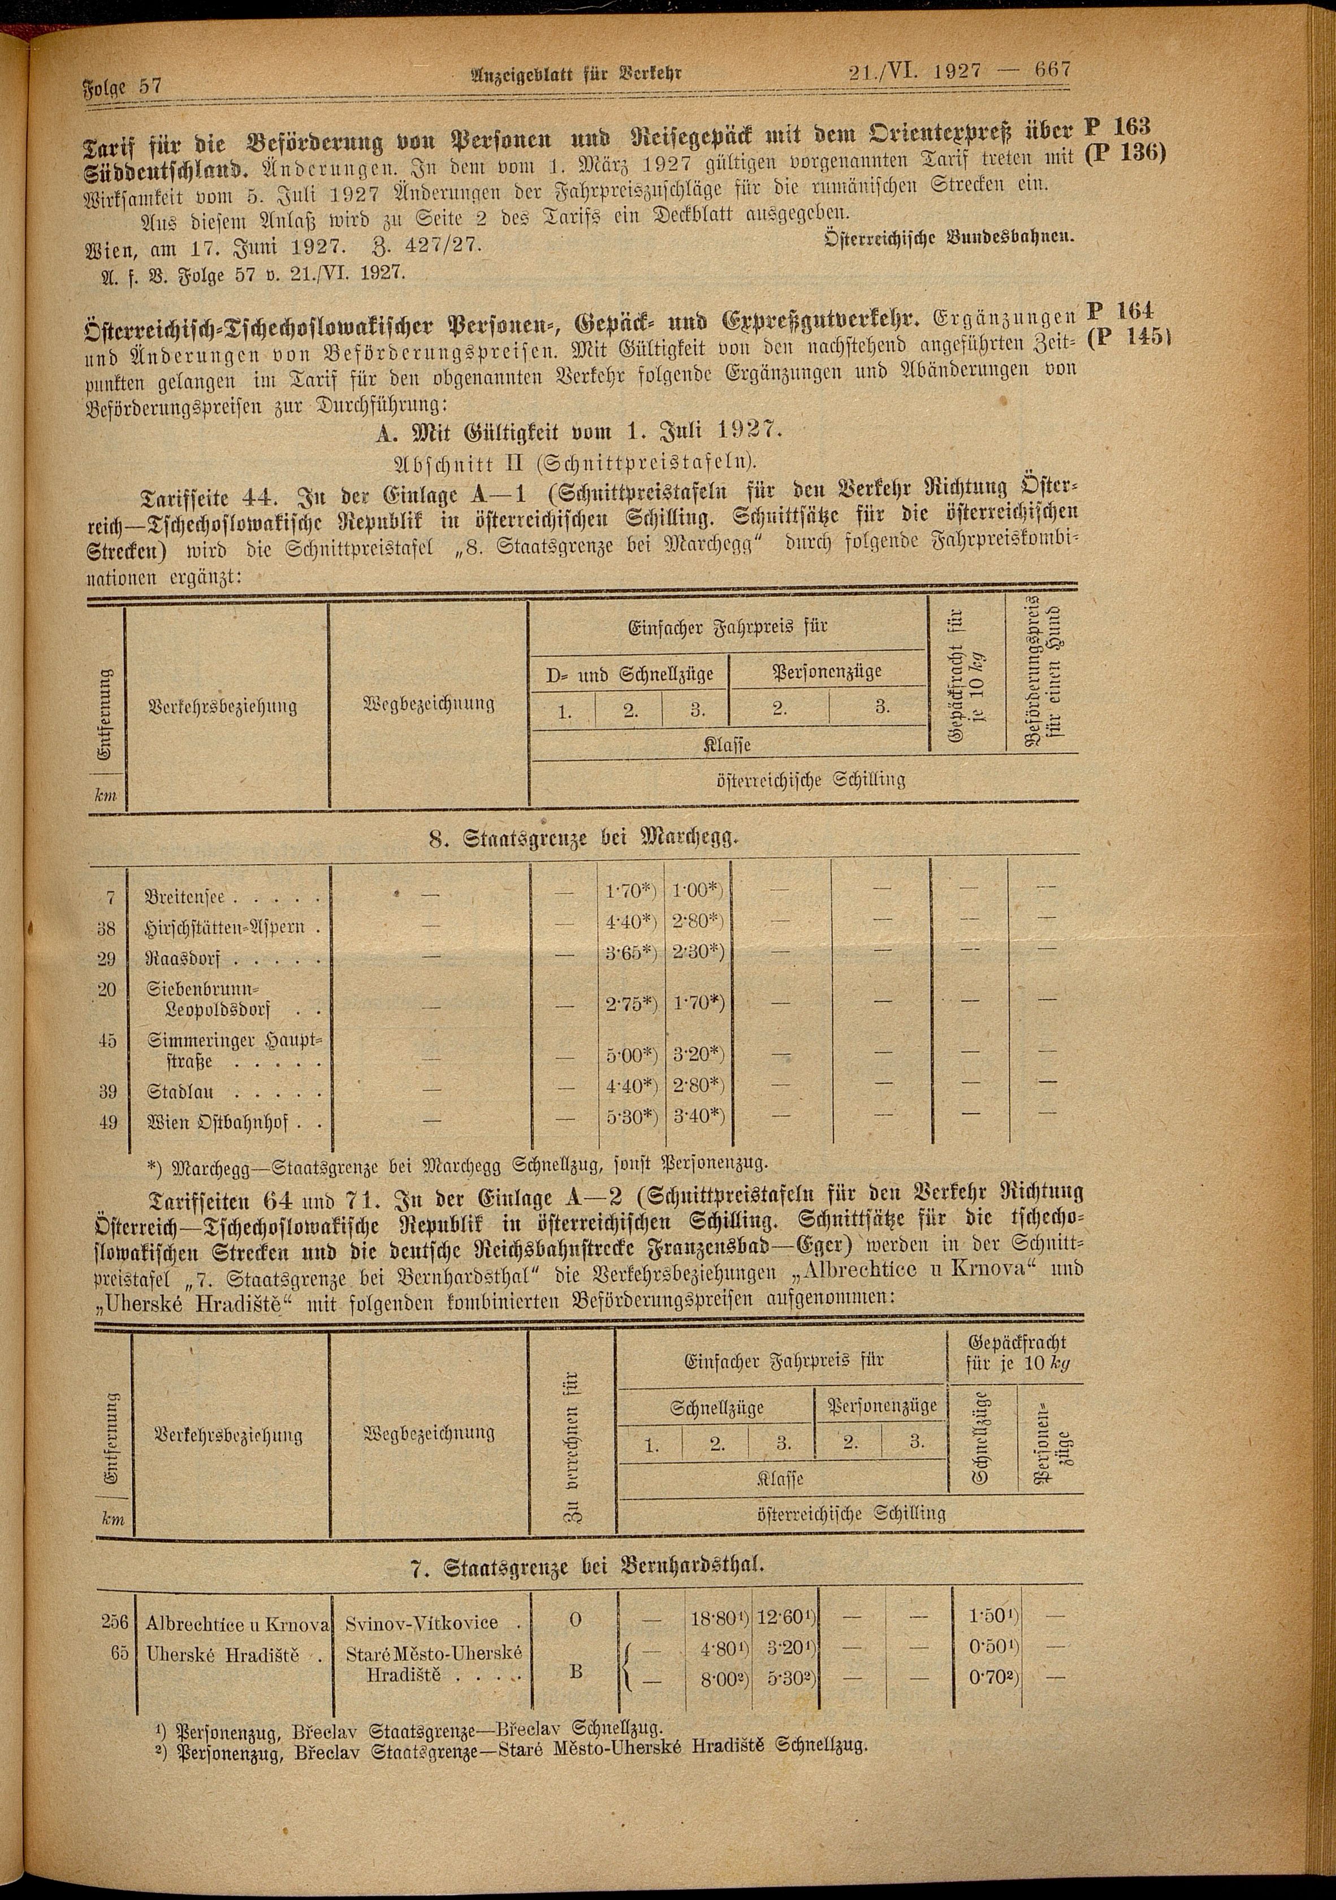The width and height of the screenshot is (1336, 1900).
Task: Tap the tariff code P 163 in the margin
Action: [x=1116, y=128]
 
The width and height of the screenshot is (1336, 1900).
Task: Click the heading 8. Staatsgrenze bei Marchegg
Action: [x=582, y=838]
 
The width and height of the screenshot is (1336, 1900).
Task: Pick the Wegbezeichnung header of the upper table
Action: [x=429, y=704]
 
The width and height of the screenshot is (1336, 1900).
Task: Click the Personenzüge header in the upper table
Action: [x=827, y=671]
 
